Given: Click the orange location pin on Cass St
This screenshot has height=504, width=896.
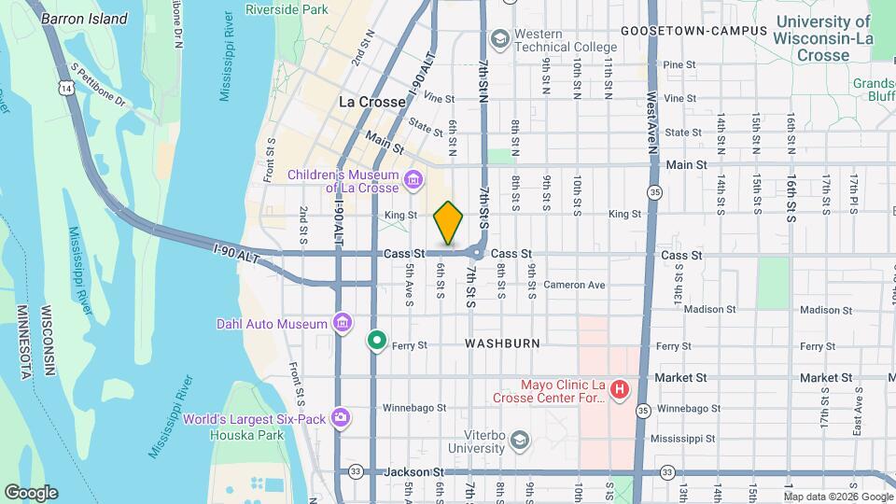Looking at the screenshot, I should coord(449,223).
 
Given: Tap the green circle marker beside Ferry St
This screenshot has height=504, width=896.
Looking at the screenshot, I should coord(376,340).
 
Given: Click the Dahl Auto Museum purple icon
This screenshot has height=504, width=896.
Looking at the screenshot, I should coord(343,324).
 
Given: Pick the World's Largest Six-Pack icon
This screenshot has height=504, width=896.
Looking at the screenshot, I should coord(341,417).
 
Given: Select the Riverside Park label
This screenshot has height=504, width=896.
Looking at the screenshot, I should coord(287,9).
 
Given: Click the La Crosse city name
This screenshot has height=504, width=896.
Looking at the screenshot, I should coord(371,101).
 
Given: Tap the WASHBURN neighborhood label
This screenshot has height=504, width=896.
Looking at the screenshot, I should coord(502,343).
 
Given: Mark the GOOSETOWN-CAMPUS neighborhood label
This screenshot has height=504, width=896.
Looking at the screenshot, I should coord(693,31).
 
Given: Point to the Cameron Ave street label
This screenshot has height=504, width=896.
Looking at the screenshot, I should coord(574,285).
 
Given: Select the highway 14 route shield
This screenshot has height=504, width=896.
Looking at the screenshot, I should coord(64,88).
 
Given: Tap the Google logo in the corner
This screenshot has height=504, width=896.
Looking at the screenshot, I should coord(31,493).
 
